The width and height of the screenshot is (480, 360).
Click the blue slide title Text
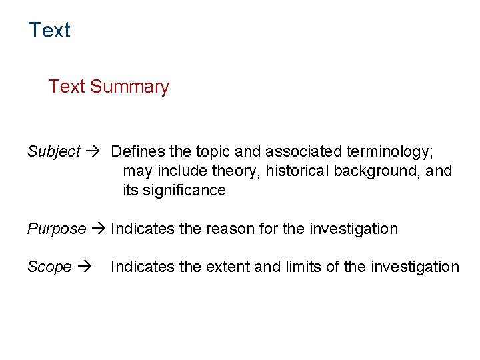(x=49, y=30)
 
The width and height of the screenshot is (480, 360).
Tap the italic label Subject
(x=54, y=151)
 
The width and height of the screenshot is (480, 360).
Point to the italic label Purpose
(x=57, y=229)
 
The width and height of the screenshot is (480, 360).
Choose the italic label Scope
(x=49, y=267)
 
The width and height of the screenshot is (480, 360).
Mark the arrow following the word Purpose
(x=99, y=229)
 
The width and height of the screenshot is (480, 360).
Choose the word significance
(x=184, y=190)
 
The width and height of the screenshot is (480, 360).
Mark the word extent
(x=231, y=267)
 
